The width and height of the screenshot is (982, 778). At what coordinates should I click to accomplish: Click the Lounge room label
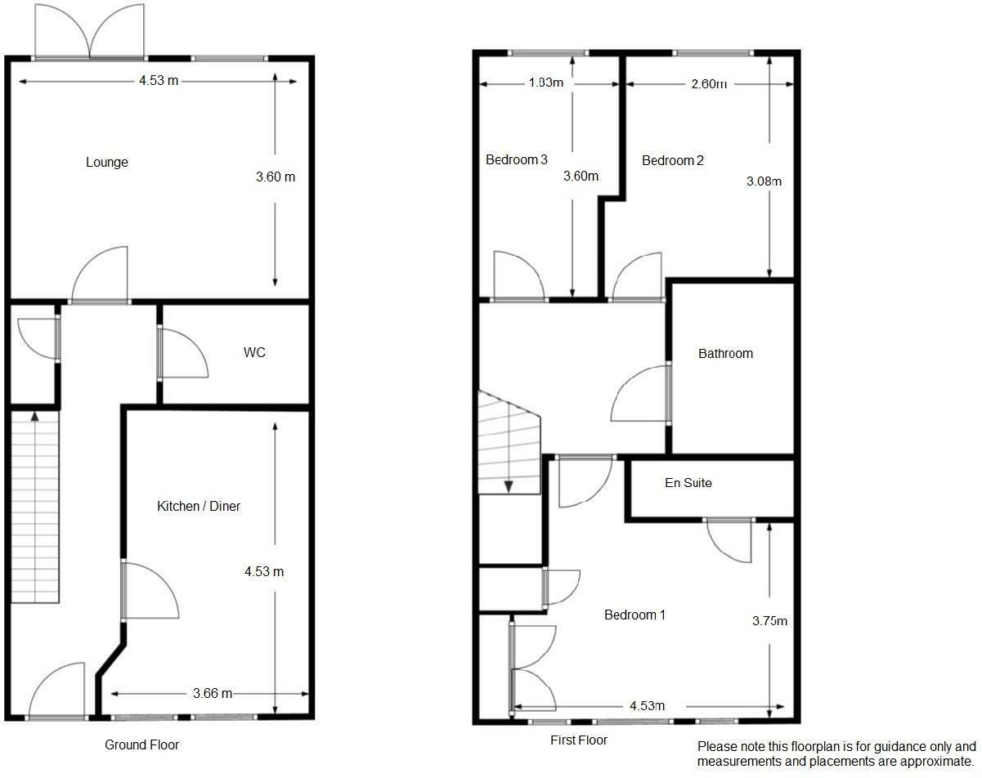107,162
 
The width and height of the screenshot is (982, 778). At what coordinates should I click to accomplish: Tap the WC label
254,353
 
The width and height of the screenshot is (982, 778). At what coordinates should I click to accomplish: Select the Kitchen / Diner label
199,507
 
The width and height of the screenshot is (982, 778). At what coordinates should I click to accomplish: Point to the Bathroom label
725,354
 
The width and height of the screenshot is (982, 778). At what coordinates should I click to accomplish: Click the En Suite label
688,483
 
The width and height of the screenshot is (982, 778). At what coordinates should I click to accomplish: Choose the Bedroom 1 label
634,615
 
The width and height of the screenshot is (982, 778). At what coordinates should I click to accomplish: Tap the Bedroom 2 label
672,160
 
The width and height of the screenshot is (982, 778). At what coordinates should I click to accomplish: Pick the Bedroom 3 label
517,159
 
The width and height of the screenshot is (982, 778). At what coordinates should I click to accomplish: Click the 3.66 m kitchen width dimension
213,694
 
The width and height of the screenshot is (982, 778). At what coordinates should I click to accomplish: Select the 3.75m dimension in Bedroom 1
769,621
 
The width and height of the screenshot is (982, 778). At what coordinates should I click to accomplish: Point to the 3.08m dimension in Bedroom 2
765,181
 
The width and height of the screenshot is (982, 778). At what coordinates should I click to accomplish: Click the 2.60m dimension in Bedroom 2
707,83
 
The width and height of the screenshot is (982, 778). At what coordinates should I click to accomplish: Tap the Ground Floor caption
141,744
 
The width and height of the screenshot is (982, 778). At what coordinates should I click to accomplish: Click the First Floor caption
579,740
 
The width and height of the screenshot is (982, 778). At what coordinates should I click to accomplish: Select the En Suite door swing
730,540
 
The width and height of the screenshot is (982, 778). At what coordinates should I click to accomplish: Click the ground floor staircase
36,507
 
